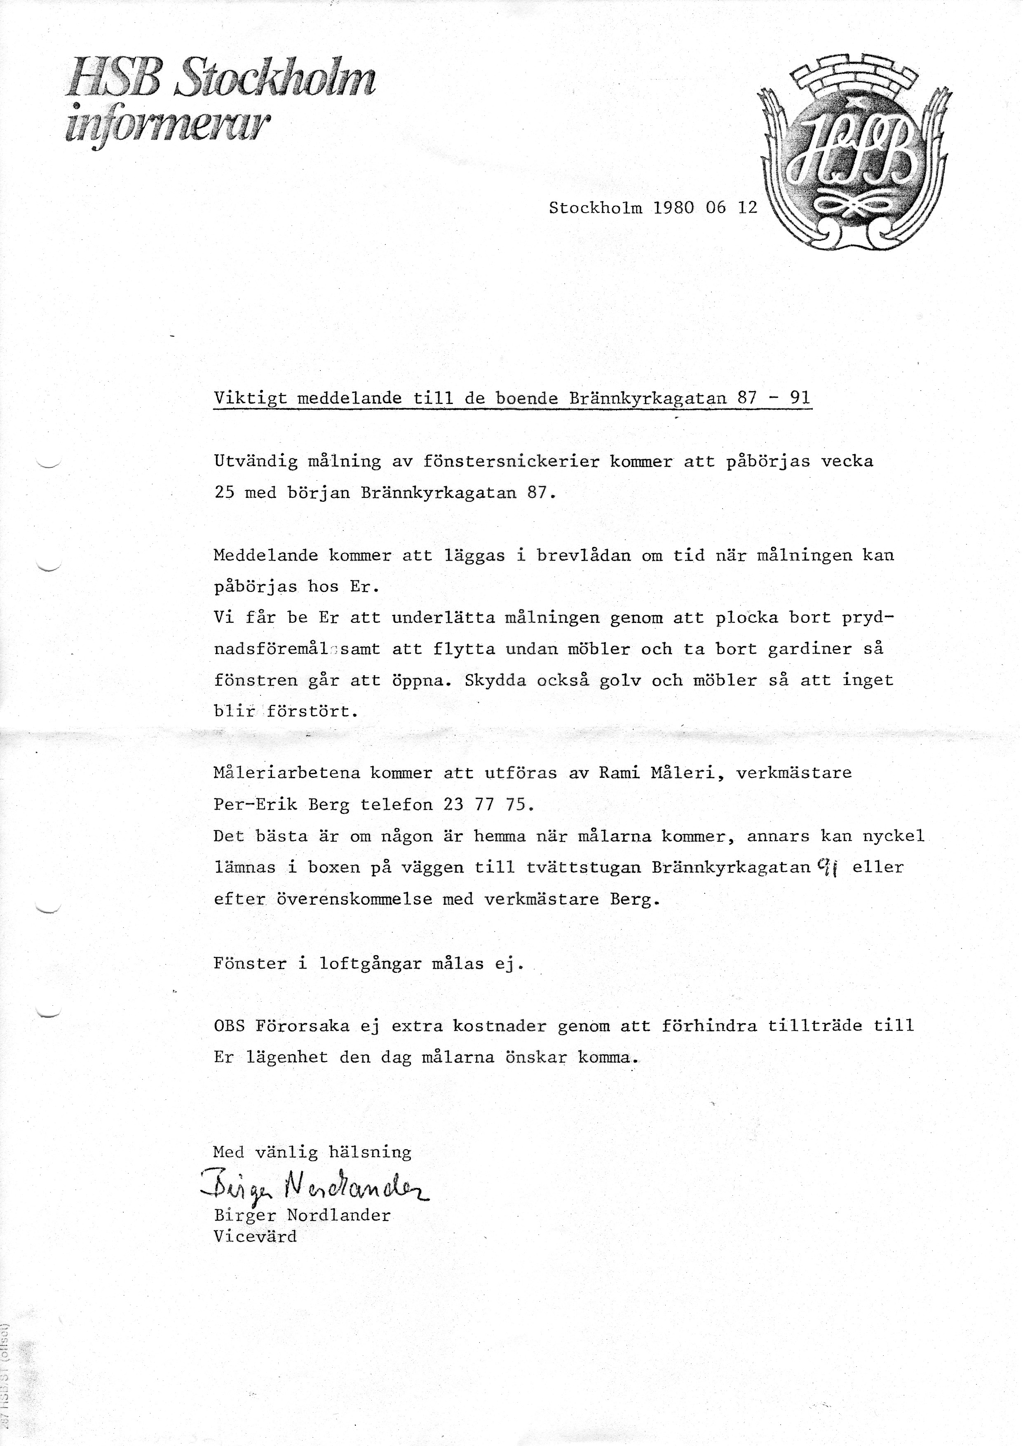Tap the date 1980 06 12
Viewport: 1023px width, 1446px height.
pos(705,208)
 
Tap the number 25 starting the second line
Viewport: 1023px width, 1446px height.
pos(224,493)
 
